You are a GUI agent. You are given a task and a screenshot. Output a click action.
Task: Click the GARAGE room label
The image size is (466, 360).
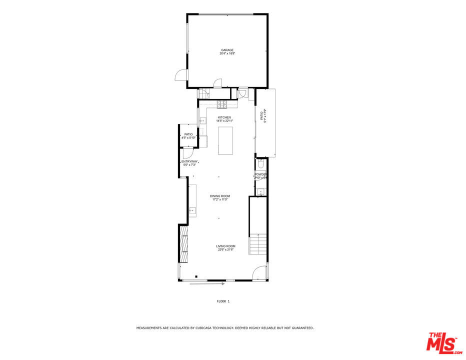pos(227,50)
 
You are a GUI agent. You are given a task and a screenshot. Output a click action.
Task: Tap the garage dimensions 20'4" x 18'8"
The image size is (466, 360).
pos(227,53)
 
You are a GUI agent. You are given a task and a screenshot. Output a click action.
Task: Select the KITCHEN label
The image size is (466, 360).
pos(224,117)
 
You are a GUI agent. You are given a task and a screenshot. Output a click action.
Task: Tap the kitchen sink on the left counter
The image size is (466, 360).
pos(202,120)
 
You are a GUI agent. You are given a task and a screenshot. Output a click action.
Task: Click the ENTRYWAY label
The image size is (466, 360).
pos(189,161)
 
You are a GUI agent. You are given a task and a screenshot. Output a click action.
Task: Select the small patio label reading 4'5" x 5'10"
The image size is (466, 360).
pos(188,137)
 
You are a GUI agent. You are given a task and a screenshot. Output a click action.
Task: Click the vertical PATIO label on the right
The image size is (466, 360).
pos(263,116)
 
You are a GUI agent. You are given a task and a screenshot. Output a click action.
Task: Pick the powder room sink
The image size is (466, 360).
pos(260,191)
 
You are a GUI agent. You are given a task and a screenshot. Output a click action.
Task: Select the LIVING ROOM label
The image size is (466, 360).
pos(226,246)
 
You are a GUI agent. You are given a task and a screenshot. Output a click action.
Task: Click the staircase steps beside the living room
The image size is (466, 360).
pos(259,244)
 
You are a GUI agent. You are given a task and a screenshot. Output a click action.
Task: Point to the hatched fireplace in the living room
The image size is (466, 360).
pos(184,244)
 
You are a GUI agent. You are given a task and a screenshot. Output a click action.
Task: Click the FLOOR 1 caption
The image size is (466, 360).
pos(223,301)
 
